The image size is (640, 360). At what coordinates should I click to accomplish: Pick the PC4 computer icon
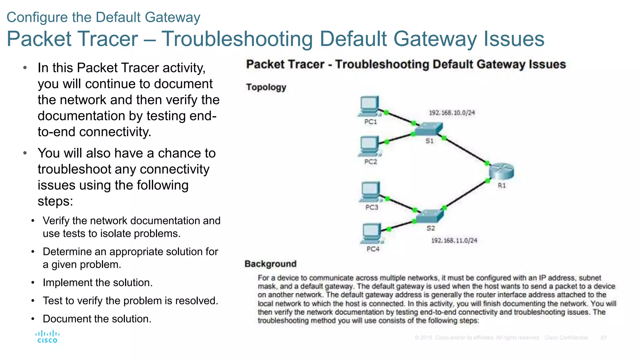click(x=372, y=233)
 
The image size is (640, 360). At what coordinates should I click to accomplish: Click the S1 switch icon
click(x=429, y=128)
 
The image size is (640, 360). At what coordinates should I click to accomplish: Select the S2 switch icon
click(x=430, y=216)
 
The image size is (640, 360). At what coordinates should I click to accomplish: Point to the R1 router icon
click(x=501, y=171)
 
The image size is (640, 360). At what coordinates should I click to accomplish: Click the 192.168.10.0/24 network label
click(x=452, y=113)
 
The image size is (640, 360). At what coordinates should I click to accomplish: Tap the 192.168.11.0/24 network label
click(x=454, y=240)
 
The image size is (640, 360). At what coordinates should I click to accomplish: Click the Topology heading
click(x=266, y=87)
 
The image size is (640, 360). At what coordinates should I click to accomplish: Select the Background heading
click(x=270, y=264)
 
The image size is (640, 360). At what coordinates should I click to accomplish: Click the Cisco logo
click(x=47, y=337)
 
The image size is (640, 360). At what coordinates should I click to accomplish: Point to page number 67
click(x=603, y=338)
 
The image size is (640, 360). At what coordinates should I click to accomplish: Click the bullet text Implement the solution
click(x=97, y=282)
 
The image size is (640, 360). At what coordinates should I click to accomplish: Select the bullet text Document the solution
click(x=97, y=319)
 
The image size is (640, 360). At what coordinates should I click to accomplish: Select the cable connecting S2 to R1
click(x=466, y=194)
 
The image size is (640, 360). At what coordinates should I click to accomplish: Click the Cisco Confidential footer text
click(x=566, y=338)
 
